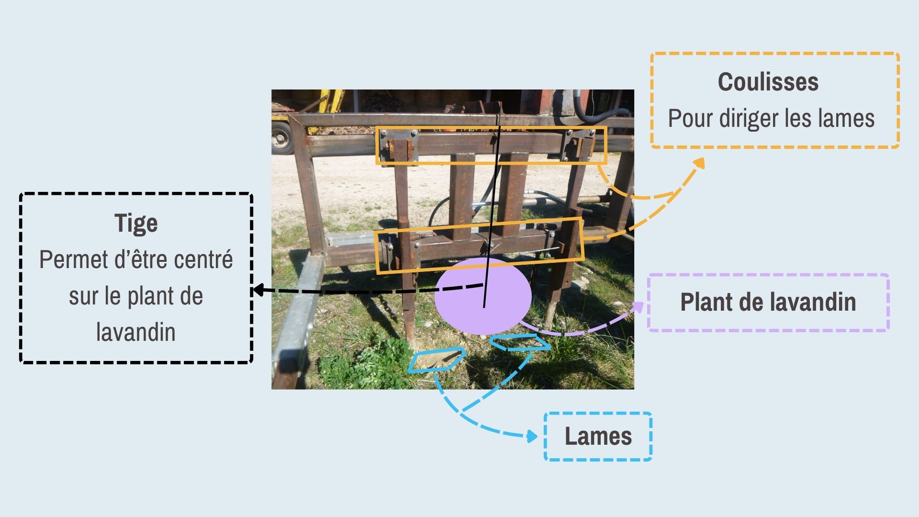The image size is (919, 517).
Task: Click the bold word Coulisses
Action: tap(768, 82)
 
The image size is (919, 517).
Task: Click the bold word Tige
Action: tap(136, 224)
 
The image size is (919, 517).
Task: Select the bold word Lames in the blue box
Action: tap(598, 436)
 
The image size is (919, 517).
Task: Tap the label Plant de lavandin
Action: tap(768, 302)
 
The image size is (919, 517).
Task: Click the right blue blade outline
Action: tap(520, 343)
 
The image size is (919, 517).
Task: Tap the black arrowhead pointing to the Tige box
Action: tap(257, 290)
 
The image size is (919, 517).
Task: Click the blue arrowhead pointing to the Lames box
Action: tap(532, 436)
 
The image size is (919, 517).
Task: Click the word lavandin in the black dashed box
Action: tap(136, 332)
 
